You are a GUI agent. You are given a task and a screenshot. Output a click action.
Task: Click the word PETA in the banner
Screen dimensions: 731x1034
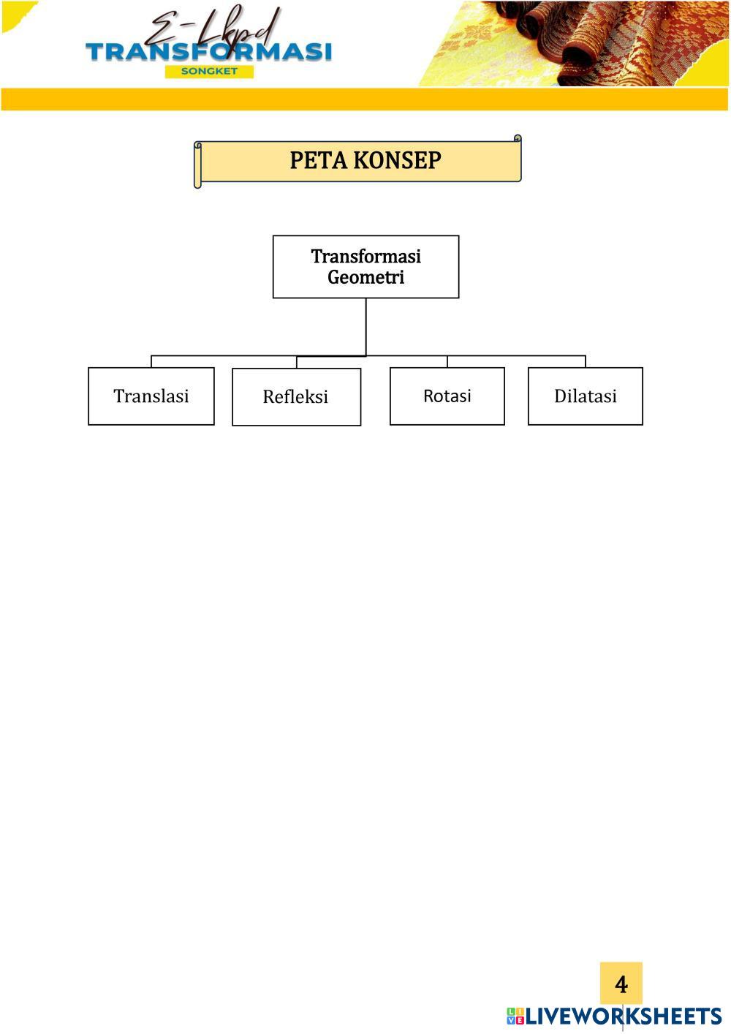(316, 160)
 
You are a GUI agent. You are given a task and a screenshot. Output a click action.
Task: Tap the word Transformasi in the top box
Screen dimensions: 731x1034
(365, 257)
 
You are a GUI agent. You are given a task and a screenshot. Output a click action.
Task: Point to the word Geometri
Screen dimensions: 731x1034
(365, 278)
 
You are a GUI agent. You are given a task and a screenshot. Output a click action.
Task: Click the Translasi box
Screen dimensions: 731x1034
(151, 396)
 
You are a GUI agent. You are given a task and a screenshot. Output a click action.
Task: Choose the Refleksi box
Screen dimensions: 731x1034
(296, 396)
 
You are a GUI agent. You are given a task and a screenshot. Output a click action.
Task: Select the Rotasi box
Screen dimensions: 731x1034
(447, 396)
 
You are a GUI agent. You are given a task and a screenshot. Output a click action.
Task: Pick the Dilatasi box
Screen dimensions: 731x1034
(585, 396)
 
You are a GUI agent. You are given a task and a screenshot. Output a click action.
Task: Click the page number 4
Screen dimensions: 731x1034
(621, 984)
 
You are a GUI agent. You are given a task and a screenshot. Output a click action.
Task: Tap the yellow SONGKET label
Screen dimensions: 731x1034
(209, 72)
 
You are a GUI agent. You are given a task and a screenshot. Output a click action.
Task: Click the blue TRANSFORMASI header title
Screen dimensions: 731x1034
(208, 52)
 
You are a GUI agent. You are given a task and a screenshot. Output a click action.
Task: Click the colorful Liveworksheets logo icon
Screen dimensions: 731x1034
(515, 1016)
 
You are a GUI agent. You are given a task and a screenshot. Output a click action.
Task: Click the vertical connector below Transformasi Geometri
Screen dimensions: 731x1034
(365, 326)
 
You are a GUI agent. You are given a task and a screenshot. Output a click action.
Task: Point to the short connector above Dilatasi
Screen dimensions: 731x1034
(586, 361)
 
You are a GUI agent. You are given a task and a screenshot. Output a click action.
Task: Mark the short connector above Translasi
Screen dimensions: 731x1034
(151, 361)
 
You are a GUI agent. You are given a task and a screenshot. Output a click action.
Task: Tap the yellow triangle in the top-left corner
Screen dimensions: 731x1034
(13, 13)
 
